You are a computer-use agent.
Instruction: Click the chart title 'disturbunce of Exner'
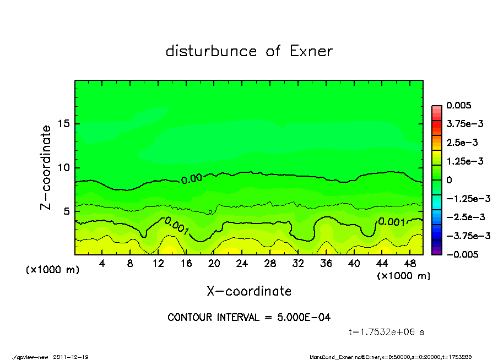click(x=249, y=51)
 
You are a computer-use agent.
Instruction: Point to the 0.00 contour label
click(x=192, y=178)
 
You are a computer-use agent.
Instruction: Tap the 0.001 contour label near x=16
click(x=177, y=225)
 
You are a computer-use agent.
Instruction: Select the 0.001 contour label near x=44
click(x=392, y=222)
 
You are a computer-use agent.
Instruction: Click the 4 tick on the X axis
click(x=102, y=264)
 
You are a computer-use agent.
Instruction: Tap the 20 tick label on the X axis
click(x=214, y=264)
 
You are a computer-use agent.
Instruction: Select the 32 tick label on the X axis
click(x=297, y=264)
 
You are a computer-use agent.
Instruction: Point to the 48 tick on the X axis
click(x=409, y=264)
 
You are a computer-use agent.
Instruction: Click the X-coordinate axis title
click(x=249, y=291)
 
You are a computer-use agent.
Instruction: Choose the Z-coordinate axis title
click(x=46, y=167)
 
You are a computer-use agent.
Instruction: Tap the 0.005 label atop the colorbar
click(x=459, y=105)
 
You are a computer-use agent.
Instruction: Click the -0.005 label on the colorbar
click(x=462, y=254)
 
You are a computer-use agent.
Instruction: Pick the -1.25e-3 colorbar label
click(x=465, y=198)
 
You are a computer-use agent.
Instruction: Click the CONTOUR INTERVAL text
click(x=249, y=318)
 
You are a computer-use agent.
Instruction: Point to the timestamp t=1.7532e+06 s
click(x=387, y=332)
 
